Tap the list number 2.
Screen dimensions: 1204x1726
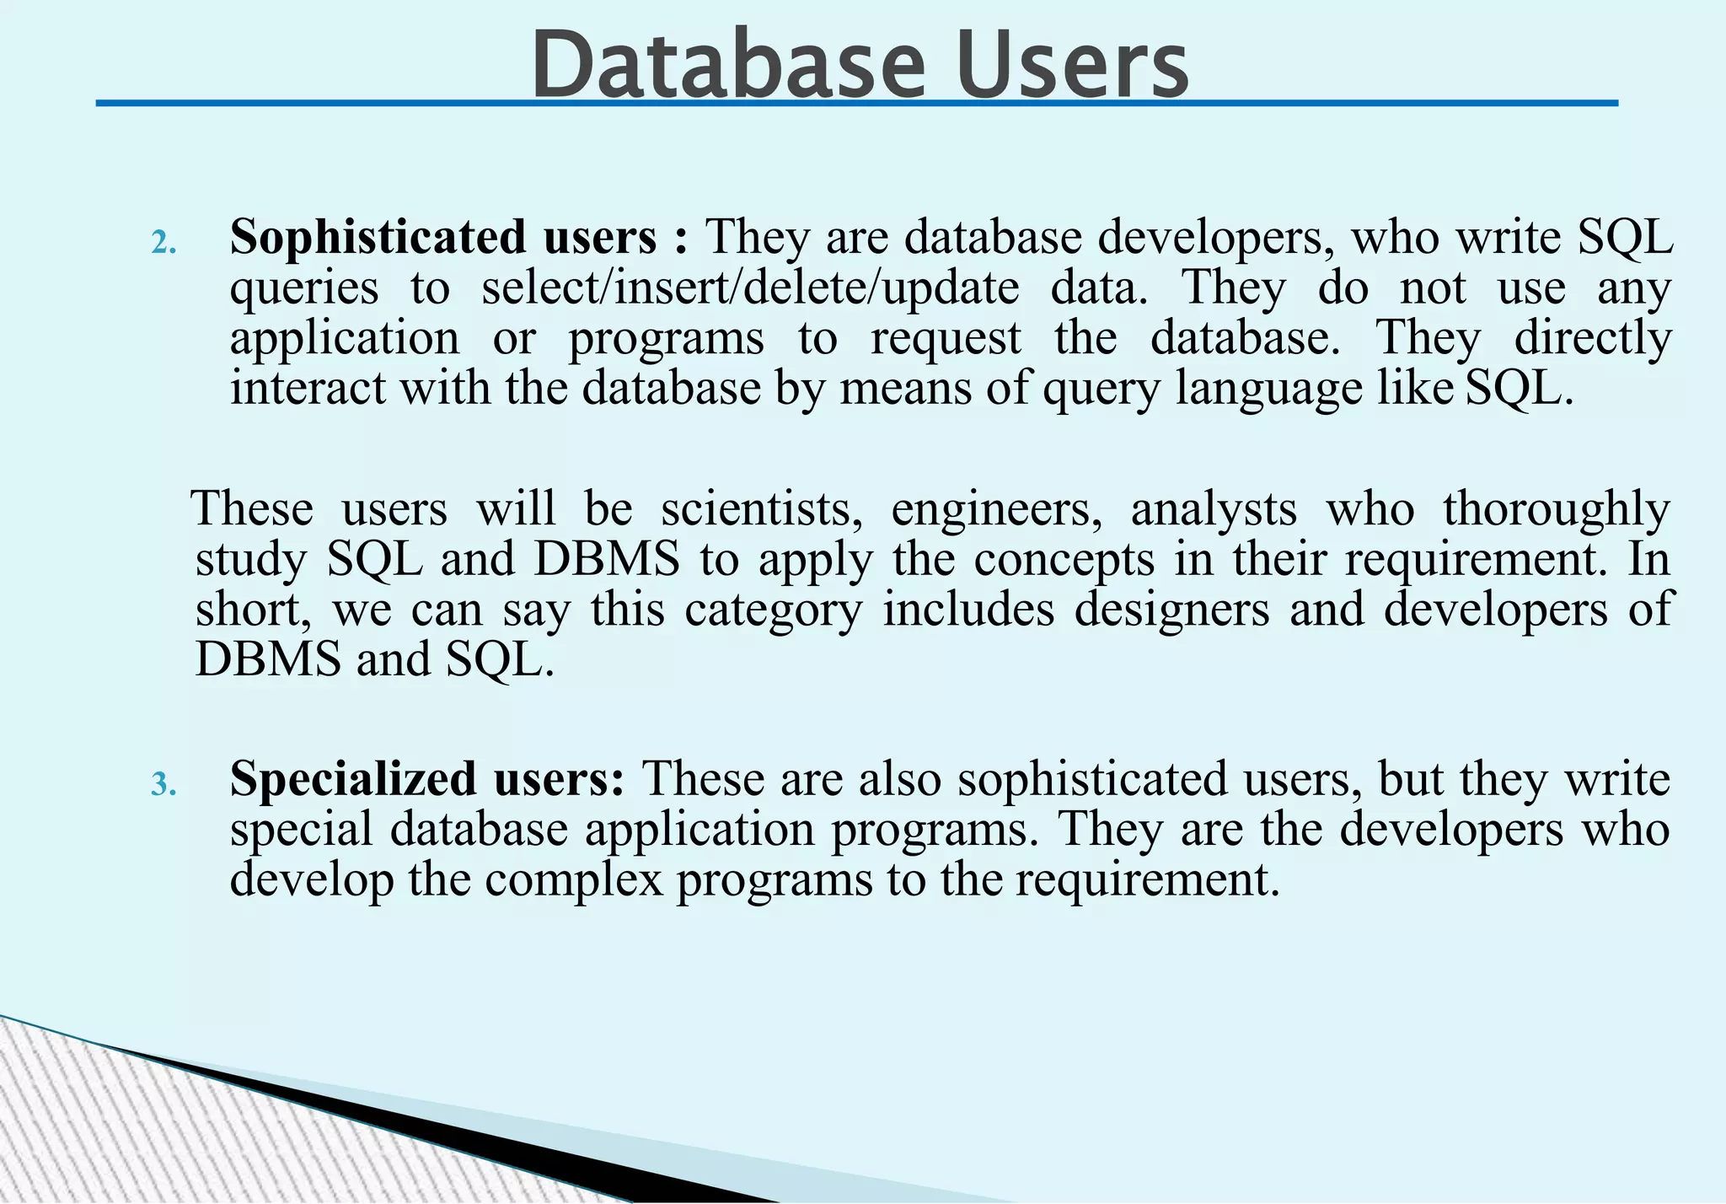pyautogui.click(x=163, y=244)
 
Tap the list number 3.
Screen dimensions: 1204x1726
pyautogui.click(x=163, y=785)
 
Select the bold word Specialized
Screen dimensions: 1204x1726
pyautogui.click(x=353, y=778)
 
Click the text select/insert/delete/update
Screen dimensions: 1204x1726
pyautogui.click(x=750, y=288)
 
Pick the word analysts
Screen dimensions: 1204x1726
pyautogui.click(x=1214, y=509)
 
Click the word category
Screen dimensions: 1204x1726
pyautogui.click(x=773, y=610)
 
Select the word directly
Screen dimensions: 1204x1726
pyautogui.click(x=1592, y=340)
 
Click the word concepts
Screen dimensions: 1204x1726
pyautogui.click(x=1064, y=560)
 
